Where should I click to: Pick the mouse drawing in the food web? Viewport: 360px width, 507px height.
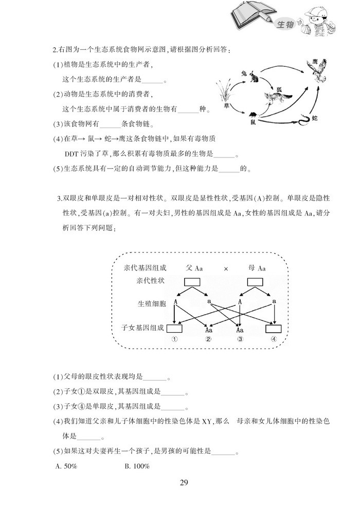tap(253, 115)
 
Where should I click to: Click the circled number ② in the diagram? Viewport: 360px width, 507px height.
tap(208, 339)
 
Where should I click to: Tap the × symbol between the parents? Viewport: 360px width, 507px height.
tap(225, 268)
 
